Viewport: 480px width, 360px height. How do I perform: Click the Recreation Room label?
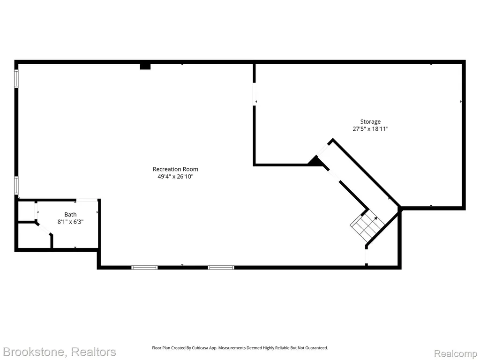pyautogui.click(x=175, y=169)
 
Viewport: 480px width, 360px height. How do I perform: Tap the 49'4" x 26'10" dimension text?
pyautogui.click(x=175, y=176)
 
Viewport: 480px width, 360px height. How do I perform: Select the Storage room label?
pyautogui.click(x=370, y=122)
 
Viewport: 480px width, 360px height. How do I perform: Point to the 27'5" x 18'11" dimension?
pyautogui.click(x=370, y=129)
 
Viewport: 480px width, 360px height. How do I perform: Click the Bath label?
pyautogui.click(x=70, y=215)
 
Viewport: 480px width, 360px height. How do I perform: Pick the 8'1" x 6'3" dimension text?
pyautogui.click(x=70, y=222)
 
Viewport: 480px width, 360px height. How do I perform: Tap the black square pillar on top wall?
pyautogui.click(x=145, y=66)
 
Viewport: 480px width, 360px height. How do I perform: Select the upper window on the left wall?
pyautogui.click(x=16, y=79)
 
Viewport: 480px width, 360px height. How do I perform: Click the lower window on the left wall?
pyautogui.click(x=16, y=186)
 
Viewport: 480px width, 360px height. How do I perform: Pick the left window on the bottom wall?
pyautogui.click(x=144, y=268)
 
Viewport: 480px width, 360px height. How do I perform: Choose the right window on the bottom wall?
pyautogui.click(x=221, y=268)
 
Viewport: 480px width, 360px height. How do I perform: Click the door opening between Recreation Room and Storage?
pyautogui.click(x=254, y=94)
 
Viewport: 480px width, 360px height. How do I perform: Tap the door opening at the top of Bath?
pyautogui.click(x=87, y=200)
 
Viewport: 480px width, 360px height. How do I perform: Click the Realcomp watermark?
pyautogui.click(x=455, y=353)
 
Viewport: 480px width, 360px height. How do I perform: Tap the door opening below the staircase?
pyautogui.click(x=367, y=256)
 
